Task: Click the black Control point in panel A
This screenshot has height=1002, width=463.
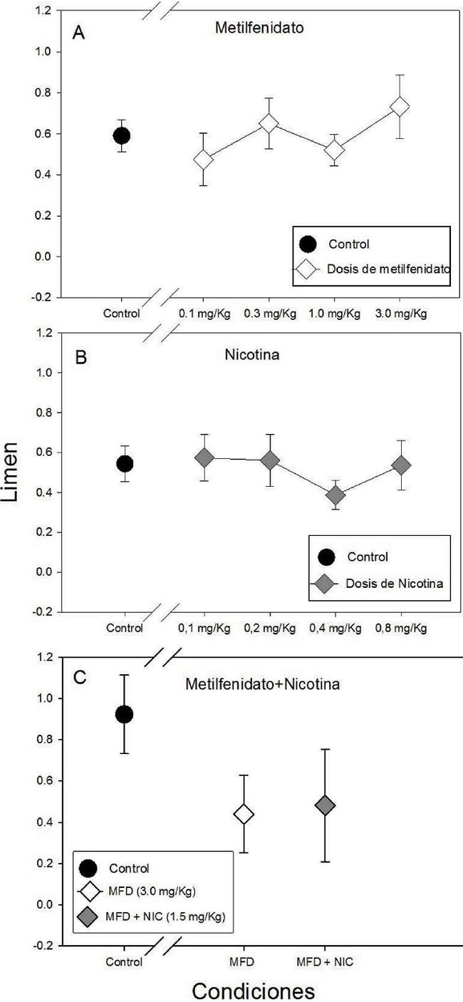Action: tap(122, 135)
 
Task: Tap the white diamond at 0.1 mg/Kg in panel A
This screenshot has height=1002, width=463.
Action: tap(204, 159)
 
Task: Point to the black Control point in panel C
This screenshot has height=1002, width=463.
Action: tap(124, 714)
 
